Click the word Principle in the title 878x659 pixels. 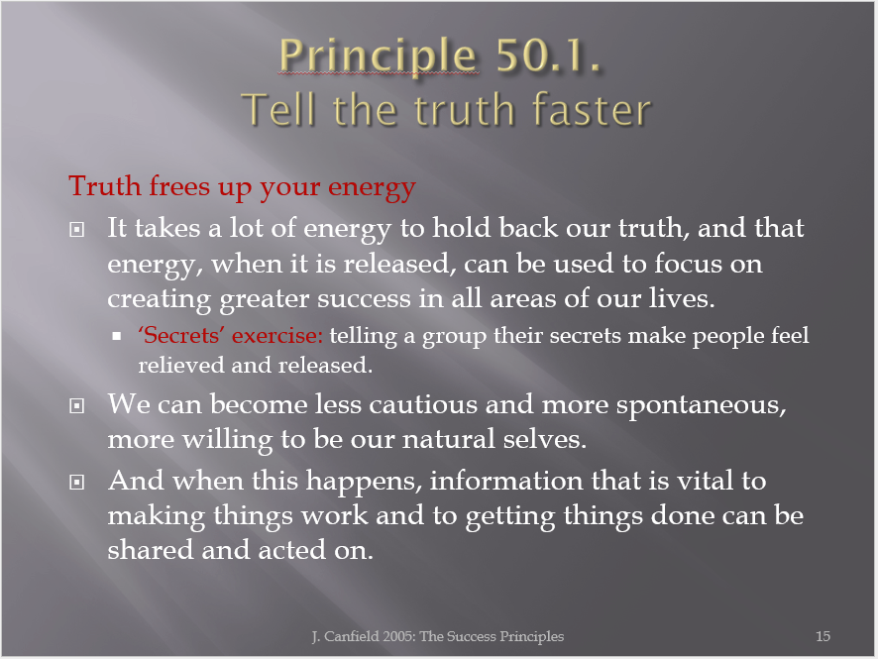(x=378, y=55)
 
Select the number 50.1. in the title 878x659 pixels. (x=548, y=55)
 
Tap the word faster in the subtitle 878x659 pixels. (x=592, y=109)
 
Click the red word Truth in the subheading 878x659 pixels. (x=105, y=185)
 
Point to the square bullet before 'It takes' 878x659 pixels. (x=76, y=229)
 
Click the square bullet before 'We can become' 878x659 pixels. (x=76, y=405)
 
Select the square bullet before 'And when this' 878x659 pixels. (x=76, y=482)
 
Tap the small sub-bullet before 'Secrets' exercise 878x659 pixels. (x=117, y=337)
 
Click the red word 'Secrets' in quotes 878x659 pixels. (x=181, y=335)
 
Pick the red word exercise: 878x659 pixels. (x=277, y=335)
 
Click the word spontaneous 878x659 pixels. (x=701, y=405)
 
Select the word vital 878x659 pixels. (x=705, y=481)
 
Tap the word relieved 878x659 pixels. (x=181, y=365)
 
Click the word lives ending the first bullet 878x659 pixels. (x=682, y=298)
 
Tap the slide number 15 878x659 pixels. (x=823, y=636)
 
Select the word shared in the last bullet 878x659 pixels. (x=150, y=550)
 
